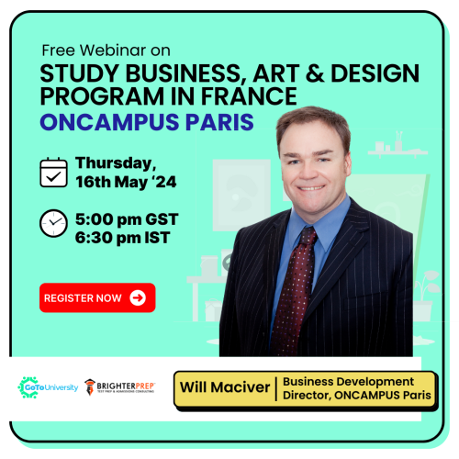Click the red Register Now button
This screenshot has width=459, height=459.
coord(97,297)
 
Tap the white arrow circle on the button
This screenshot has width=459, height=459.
coord(138,297)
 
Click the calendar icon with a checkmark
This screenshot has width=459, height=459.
coord(53,173)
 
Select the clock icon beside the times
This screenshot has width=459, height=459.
coord(53,223)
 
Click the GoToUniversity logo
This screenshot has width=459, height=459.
coord(48,387)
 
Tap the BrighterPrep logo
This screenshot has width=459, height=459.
coord(119,387)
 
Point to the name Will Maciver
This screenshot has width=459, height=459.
coord(225,387)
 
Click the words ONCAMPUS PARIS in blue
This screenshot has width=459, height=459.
coord(147,122)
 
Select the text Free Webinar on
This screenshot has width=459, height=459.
coord(106,50)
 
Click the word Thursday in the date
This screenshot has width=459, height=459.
coord(116,163)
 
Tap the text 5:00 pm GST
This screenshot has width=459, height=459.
coord(127,219)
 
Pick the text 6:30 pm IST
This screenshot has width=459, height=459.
coord(122,238)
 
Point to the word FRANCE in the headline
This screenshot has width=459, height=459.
coord(249,96)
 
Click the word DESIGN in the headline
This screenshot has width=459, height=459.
coord(375,73)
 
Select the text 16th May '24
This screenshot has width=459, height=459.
coord(126,182)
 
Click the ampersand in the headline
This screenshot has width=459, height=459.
coord(315,73)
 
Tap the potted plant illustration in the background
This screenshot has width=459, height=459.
coord(426,296)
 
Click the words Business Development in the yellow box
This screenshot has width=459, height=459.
coord(348,382)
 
